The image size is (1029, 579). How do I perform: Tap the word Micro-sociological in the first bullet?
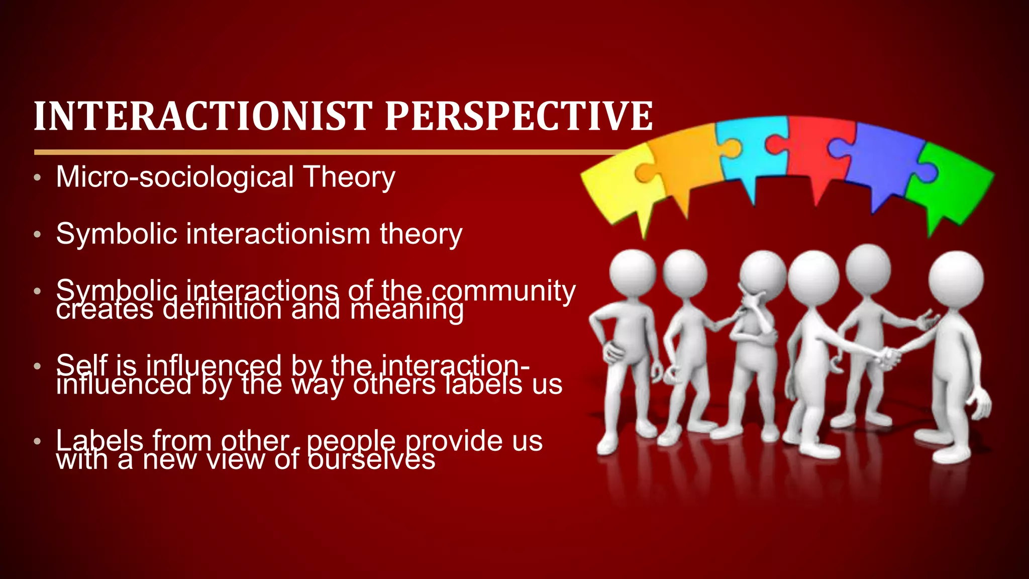175,177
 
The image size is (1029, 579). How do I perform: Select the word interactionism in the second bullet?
278,234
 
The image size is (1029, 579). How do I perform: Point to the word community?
503,292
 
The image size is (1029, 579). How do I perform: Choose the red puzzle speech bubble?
816,151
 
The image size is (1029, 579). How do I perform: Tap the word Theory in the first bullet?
349,177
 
